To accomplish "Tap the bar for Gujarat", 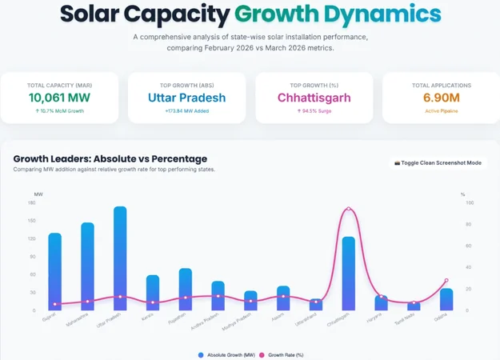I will click(x=54, y=272).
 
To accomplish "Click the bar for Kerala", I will click(x=153, y=293).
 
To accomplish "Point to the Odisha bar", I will click(x=446, y=299).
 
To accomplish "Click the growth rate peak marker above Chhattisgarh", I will click(x=348, y=209).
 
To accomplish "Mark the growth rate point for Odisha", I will click(x=446, y=281).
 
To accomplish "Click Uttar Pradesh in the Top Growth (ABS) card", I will click(x=187, y=98).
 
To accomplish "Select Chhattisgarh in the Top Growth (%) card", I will click(x=314, y=98).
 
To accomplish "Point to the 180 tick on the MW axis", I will click(x=32, y=203).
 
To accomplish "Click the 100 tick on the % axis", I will click(x=470, y=203).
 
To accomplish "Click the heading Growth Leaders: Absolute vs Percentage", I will click(x=110, y=158).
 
